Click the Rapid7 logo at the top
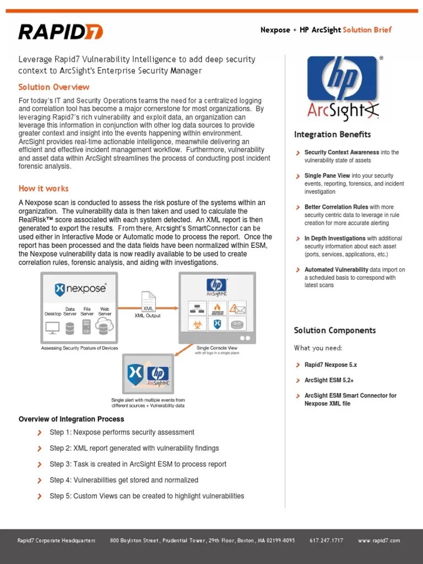click(61, 31)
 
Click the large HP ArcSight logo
click(342, 88)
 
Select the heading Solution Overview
click(53, 87)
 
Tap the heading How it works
click(44, 188)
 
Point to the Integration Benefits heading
click(332, 134)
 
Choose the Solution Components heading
click(334, 330)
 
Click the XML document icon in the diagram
click(148, 302)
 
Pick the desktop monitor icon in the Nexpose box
click(53, 328)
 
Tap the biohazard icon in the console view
click(197, 324)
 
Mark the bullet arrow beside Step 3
click(39, 464)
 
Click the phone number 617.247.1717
click(326, 541)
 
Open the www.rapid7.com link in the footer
click(378, 541)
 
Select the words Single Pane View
click(327, 176)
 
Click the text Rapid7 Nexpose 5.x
click(330, 365)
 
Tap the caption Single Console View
click(216, 348)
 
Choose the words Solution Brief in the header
click(367, 30)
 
